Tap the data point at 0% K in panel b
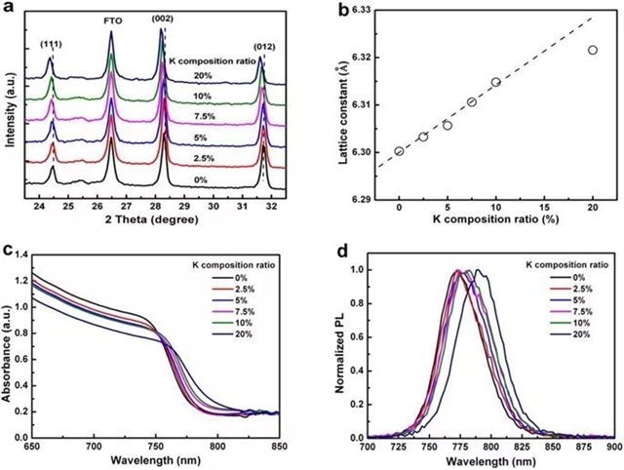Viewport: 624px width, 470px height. coord(399,151)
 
